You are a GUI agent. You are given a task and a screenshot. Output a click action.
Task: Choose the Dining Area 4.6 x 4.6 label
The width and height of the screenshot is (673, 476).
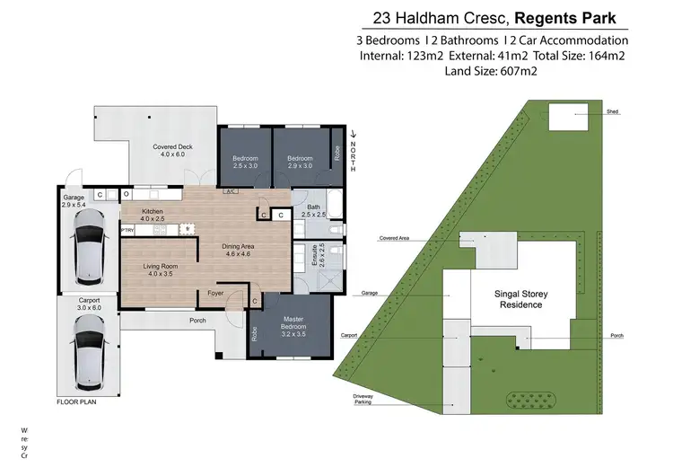pyautogui.click(x=240, y=250)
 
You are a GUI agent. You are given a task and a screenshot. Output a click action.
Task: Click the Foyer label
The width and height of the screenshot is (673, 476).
pyautogui.click(x=216, y=293)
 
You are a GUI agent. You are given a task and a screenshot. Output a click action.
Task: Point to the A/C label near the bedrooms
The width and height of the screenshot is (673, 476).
pyautogui.click(x=231, y=191)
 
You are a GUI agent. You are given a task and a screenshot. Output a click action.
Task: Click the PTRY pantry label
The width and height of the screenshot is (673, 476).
pyautogui.click(x=127, y=230)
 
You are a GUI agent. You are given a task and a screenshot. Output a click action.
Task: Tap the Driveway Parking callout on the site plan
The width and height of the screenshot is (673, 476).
pyautogui.click(x=364, y=399)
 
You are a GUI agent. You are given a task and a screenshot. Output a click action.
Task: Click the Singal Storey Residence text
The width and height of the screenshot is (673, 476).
pyautogui.click(x=520, y=298)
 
